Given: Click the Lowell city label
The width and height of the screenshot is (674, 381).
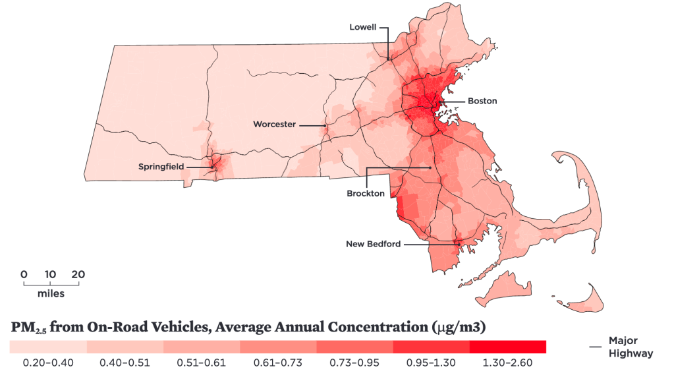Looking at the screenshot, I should (x=363, y=27).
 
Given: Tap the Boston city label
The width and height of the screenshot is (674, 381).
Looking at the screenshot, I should (x=482, y=101).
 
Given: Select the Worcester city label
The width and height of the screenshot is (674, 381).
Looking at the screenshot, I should (x=274, y=124).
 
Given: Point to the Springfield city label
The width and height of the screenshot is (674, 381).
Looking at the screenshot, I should (x=161, y=167).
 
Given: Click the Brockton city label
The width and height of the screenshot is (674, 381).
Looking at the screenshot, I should (x=366, y=194).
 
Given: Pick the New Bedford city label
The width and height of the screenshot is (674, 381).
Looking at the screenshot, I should (x=374, y=244).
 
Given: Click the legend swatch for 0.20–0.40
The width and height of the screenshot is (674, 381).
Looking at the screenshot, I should (x=48, y=346).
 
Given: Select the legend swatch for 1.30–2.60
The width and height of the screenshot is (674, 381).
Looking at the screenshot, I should (x=508, y=346).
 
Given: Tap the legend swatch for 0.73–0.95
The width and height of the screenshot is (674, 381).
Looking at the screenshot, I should (x=354, y=346).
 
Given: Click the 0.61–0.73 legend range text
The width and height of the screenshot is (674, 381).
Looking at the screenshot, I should (x=278, y=363).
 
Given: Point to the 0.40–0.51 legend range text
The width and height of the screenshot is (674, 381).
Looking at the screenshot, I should (x=125, y=363).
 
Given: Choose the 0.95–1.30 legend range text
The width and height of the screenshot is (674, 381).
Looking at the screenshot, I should (x=431, y=363).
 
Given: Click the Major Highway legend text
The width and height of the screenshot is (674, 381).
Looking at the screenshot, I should (x=631, y=347).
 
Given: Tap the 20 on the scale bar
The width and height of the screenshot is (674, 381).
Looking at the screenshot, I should (x=78, y=274).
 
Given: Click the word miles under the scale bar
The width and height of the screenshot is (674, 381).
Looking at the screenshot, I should (x=51, y=293).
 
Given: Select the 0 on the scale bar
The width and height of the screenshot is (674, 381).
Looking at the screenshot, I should (x=24, y=274).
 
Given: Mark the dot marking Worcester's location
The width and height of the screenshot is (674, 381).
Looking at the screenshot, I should (x=325, y=125).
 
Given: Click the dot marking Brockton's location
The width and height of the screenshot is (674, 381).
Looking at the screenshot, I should (x=430, y=168).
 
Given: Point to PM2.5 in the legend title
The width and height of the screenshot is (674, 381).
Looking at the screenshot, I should (x=28, y=328).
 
